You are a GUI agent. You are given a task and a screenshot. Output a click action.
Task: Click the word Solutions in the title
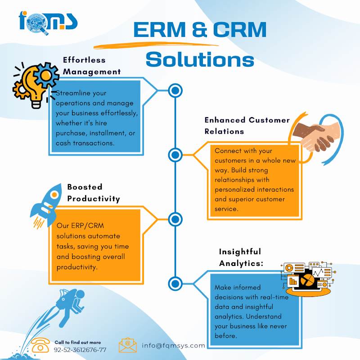tap(200, 59)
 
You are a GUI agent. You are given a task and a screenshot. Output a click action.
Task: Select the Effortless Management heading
tap(92, 66)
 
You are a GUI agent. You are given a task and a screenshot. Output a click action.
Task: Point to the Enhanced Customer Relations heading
tap(247, 126)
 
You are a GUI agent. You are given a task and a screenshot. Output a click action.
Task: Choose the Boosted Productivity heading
tap(94, 193)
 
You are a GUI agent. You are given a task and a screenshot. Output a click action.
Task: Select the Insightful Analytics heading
tap(241, 257)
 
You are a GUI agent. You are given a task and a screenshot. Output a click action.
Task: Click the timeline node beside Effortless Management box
tap(175, 91)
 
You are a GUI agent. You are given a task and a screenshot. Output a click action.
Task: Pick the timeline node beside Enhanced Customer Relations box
tap(175, 155)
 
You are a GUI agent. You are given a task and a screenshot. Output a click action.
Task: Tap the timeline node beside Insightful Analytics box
tap(175, 283)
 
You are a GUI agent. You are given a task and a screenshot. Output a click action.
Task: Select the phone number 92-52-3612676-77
tap(80, 350)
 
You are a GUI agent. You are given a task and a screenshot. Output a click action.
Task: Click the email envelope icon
tap(128, 345)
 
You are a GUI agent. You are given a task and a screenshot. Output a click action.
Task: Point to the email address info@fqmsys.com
tap(173, 346)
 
